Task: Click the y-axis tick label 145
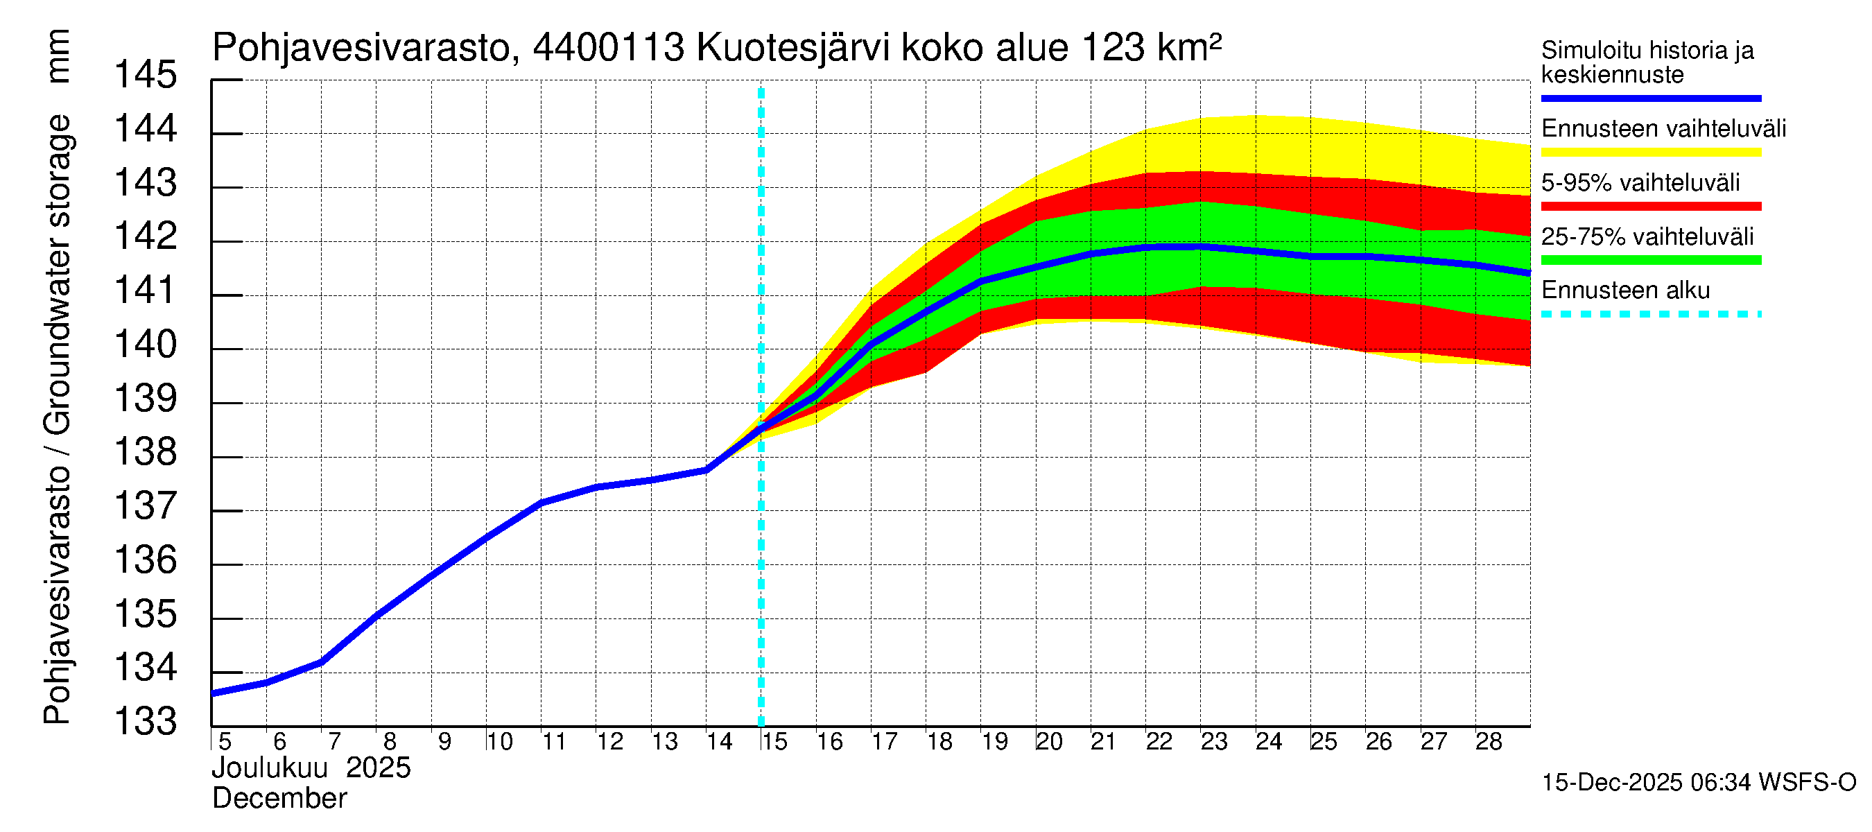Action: [146, 75]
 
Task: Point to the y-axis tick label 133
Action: [146, 722]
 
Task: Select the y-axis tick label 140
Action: [146, 345]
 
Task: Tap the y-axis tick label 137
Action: [146, 505]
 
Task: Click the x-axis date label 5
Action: [225, 742]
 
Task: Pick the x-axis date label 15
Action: [774, 742]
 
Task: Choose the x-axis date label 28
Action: [1489, 742]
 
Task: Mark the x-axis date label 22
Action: [1159, 742]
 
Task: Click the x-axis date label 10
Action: [500, 742]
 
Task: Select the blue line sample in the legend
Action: [1650, 98]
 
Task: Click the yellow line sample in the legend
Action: [1650, 153]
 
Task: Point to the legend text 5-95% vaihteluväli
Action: [1640, 182]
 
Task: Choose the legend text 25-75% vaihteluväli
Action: [1647, 237]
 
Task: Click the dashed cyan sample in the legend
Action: [1650, 315]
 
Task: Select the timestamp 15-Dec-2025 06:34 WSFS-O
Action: [1698, 783]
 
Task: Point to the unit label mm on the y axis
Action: [58, 56]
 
